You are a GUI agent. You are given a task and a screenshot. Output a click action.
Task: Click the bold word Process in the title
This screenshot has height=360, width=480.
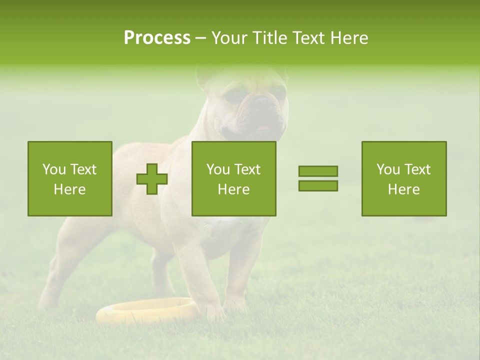(x=157, y=38)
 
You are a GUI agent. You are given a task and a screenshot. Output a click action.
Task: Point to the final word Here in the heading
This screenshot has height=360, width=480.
(x=350, y=38)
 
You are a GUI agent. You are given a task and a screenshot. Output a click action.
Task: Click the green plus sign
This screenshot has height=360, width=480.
(x=152, y=179)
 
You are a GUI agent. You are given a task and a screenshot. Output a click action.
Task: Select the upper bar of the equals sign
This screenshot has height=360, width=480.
(x=318, y=171)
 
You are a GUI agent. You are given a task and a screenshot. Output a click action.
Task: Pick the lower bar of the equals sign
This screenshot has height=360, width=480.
(x=318, y=186)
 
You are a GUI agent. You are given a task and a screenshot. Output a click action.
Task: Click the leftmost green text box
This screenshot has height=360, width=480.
(x=69, y=178)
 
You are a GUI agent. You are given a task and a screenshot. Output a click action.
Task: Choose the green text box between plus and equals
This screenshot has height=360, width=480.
(x=233, y=178)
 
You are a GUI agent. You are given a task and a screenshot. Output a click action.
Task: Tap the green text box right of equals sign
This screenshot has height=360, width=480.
(x=403, y=178)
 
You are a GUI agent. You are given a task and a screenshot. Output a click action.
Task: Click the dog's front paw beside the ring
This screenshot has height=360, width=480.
(x=215, y=312)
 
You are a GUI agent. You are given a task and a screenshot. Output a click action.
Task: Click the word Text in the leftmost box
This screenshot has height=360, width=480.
(x=83, y=169)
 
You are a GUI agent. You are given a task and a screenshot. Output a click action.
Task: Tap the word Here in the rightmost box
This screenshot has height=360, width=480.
(x=403, y=189)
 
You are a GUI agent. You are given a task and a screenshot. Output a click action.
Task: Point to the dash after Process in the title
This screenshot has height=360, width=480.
(x=201, y=38)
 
